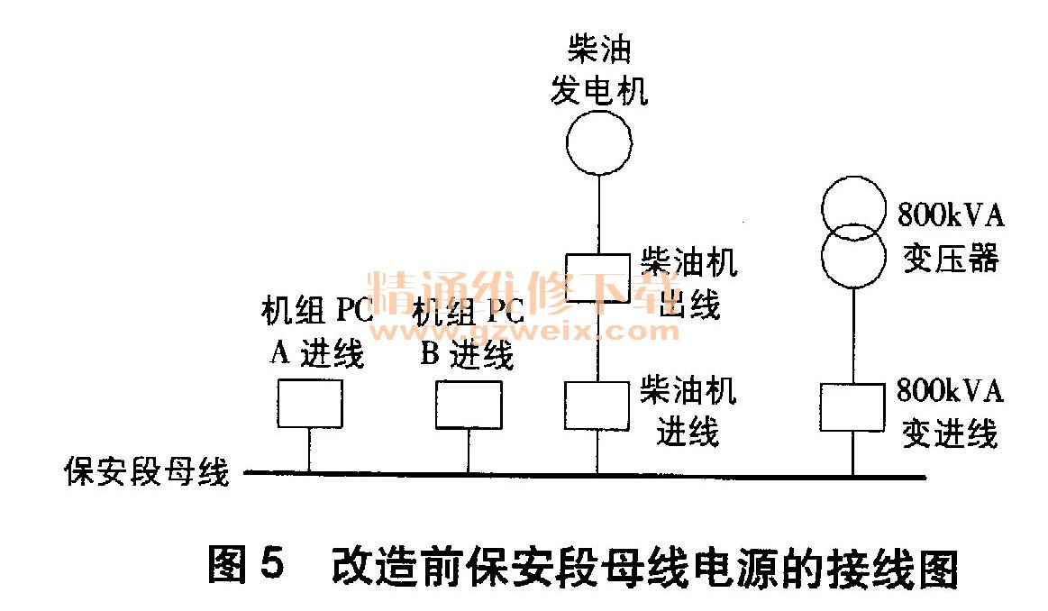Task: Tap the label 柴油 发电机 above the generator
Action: pyautogui.click(x=599, y=70)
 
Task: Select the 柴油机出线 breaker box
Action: pyautogui.click(x=597, y=278)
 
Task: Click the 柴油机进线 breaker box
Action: pyautogui.click(x=596, y=405)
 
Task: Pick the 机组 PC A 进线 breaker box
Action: pyautogui.click(x=309, y=403)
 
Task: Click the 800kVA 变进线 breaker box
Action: pyautogui.click(x=852, y=407)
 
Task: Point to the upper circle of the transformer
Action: pyautogui.click(x=852, y=206)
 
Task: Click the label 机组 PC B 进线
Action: pyautogui.click(x=469, y=333)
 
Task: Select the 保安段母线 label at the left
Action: pyautogui.click(x=146, y=472)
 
